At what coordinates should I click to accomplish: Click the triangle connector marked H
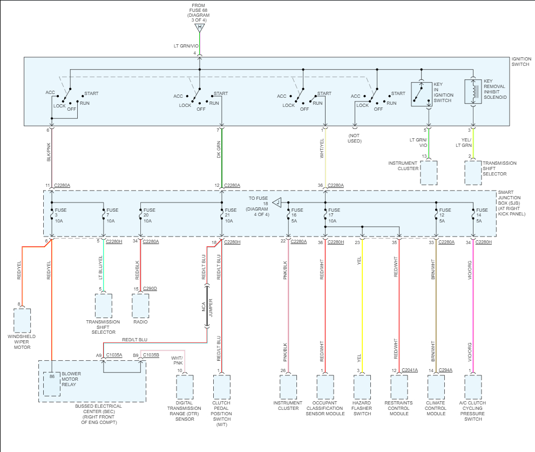(200, 28)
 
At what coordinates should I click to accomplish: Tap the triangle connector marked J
(277, 203)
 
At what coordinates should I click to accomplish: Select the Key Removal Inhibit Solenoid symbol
(473, 91)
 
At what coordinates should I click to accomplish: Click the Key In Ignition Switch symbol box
(422, 94)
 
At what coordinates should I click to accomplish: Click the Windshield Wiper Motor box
(22, 321)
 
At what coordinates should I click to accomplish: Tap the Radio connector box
(140, 306)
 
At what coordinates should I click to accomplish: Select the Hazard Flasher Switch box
(362, 388)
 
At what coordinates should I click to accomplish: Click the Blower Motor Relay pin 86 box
(52, 384)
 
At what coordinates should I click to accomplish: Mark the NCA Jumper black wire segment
(207, 306)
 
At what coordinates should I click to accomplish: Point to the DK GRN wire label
(219, 150)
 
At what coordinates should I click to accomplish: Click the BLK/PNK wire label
(49, 152)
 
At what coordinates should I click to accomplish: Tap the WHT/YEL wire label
(322, 149)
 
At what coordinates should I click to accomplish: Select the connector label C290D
(150, 288)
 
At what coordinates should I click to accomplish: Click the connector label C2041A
(410, 370)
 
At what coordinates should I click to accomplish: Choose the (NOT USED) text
(355, 138)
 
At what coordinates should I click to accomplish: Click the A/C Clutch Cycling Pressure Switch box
(473, 388)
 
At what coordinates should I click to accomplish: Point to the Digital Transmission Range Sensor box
(185, 388)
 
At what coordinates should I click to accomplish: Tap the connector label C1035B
(151, 355)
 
